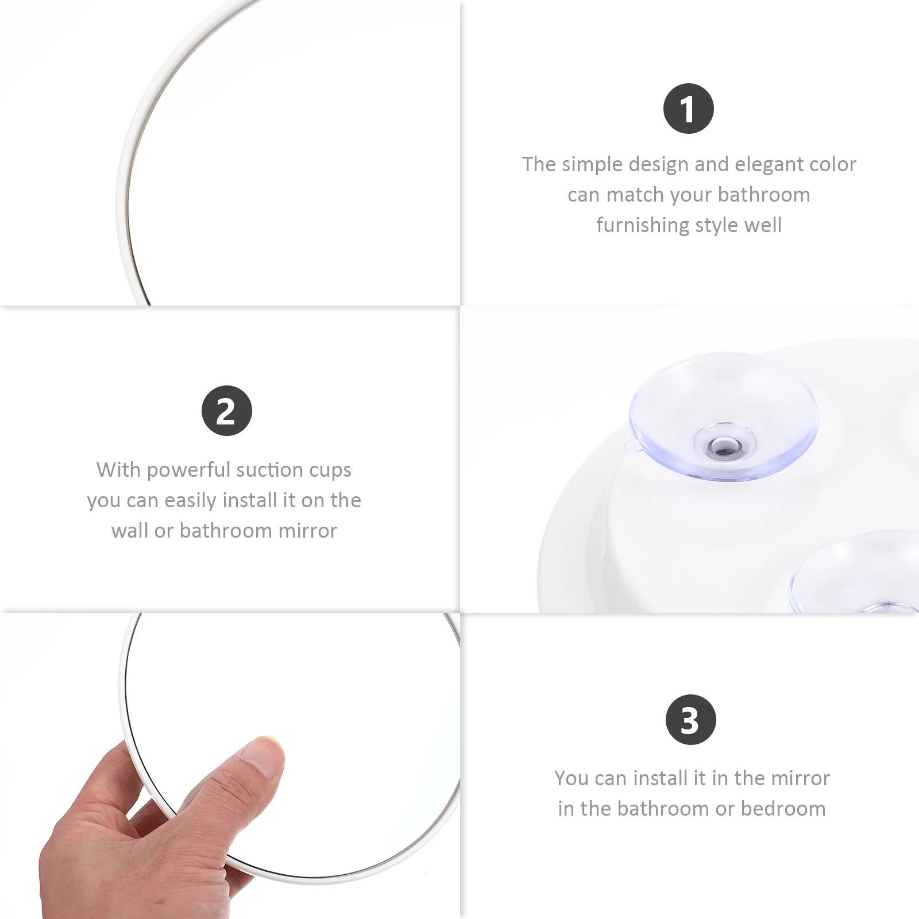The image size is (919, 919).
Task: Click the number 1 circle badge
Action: [688, 109]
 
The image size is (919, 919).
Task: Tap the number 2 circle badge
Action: [226, 411]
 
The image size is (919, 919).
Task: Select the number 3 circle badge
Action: [690, 720]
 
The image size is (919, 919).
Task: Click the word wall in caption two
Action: [129, 531]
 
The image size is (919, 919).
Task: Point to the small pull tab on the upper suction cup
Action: [630, 445]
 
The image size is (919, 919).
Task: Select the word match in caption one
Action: [635, 195]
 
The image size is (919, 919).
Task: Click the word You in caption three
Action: [572, 778]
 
